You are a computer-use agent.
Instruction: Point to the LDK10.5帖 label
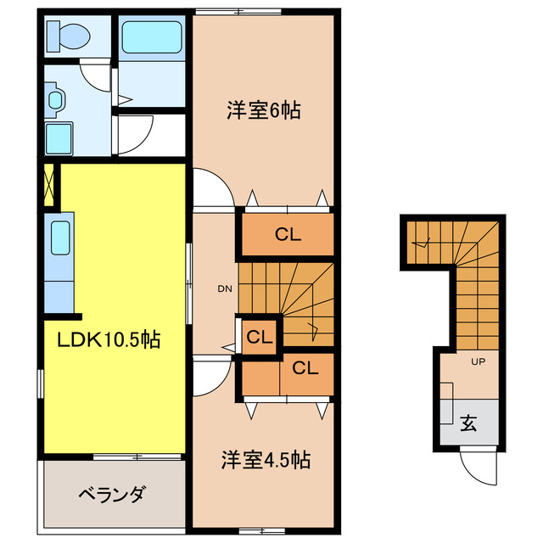(x=109, y=340)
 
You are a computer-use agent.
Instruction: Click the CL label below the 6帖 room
(x=288, y=236)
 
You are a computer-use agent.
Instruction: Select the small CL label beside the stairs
(x=259, y=337)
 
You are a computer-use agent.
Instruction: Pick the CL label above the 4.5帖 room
(x=305, y=368)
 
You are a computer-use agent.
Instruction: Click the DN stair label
(x=225, y=289)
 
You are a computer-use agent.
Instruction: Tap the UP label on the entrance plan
(x=477, y=361)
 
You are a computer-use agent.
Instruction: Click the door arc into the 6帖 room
(x=212, y=188)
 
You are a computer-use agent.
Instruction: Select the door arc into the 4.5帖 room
(x=212, y=373)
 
